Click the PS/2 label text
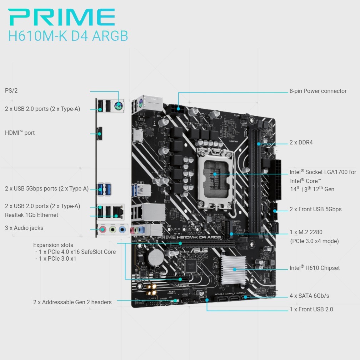11,91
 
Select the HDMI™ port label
20,133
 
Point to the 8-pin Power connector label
318,91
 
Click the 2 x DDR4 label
301,143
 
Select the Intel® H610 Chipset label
315,268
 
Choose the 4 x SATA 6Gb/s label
309,296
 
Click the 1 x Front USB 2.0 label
311,310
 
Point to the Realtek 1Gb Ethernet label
32,215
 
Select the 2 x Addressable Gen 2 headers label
72,302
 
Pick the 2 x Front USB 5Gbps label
315,209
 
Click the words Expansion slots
53,245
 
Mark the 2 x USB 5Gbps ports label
47,189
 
